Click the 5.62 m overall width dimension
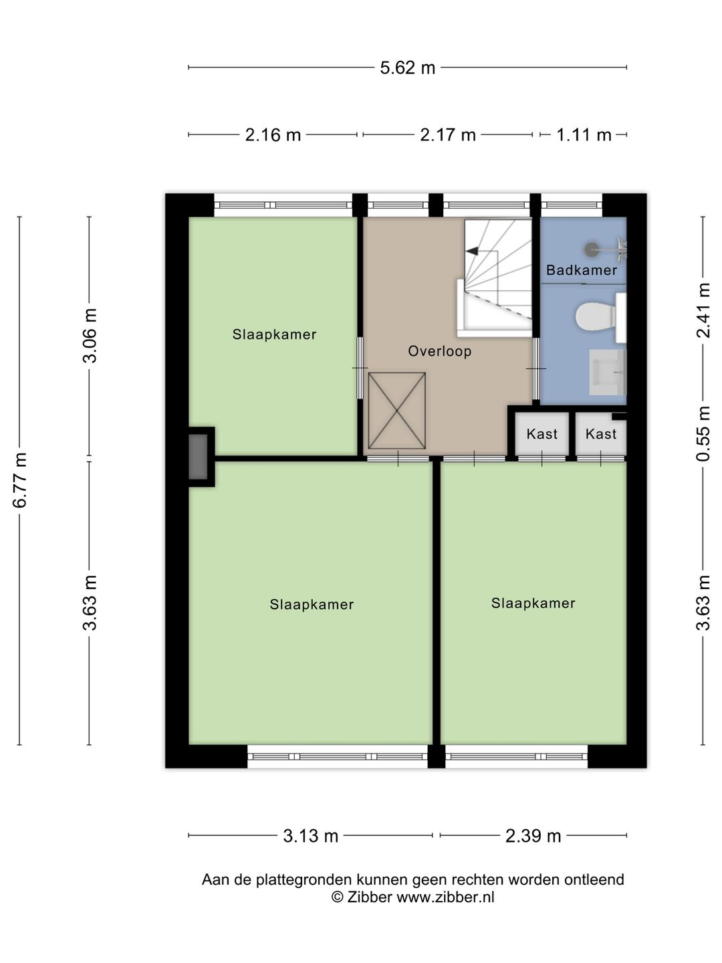(x=407, y=68)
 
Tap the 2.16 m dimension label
(x=273, y=134)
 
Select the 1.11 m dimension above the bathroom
(x=584, y=134)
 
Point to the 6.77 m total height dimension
(x=20, y=480)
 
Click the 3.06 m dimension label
(x=90, y=336)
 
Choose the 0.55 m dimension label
(x=703, y=433)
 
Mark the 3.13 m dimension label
(x=310, y=836)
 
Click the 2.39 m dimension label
(x=533, y=836)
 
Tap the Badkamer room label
(x=582, y=270)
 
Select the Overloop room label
(x=440, y=351)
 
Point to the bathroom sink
(x=608, y=372)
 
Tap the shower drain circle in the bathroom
(x=591, y=249)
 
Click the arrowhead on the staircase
(x=472, y=251)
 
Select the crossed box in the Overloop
(x=396, y=411)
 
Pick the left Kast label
(x=541, y=434)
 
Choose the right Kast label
(x=600, y=434)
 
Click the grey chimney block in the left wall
(x=198, y=457)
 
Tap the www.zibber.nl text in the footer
(x=445, y=897)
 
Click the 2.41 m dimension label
(x=703, y=310)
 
